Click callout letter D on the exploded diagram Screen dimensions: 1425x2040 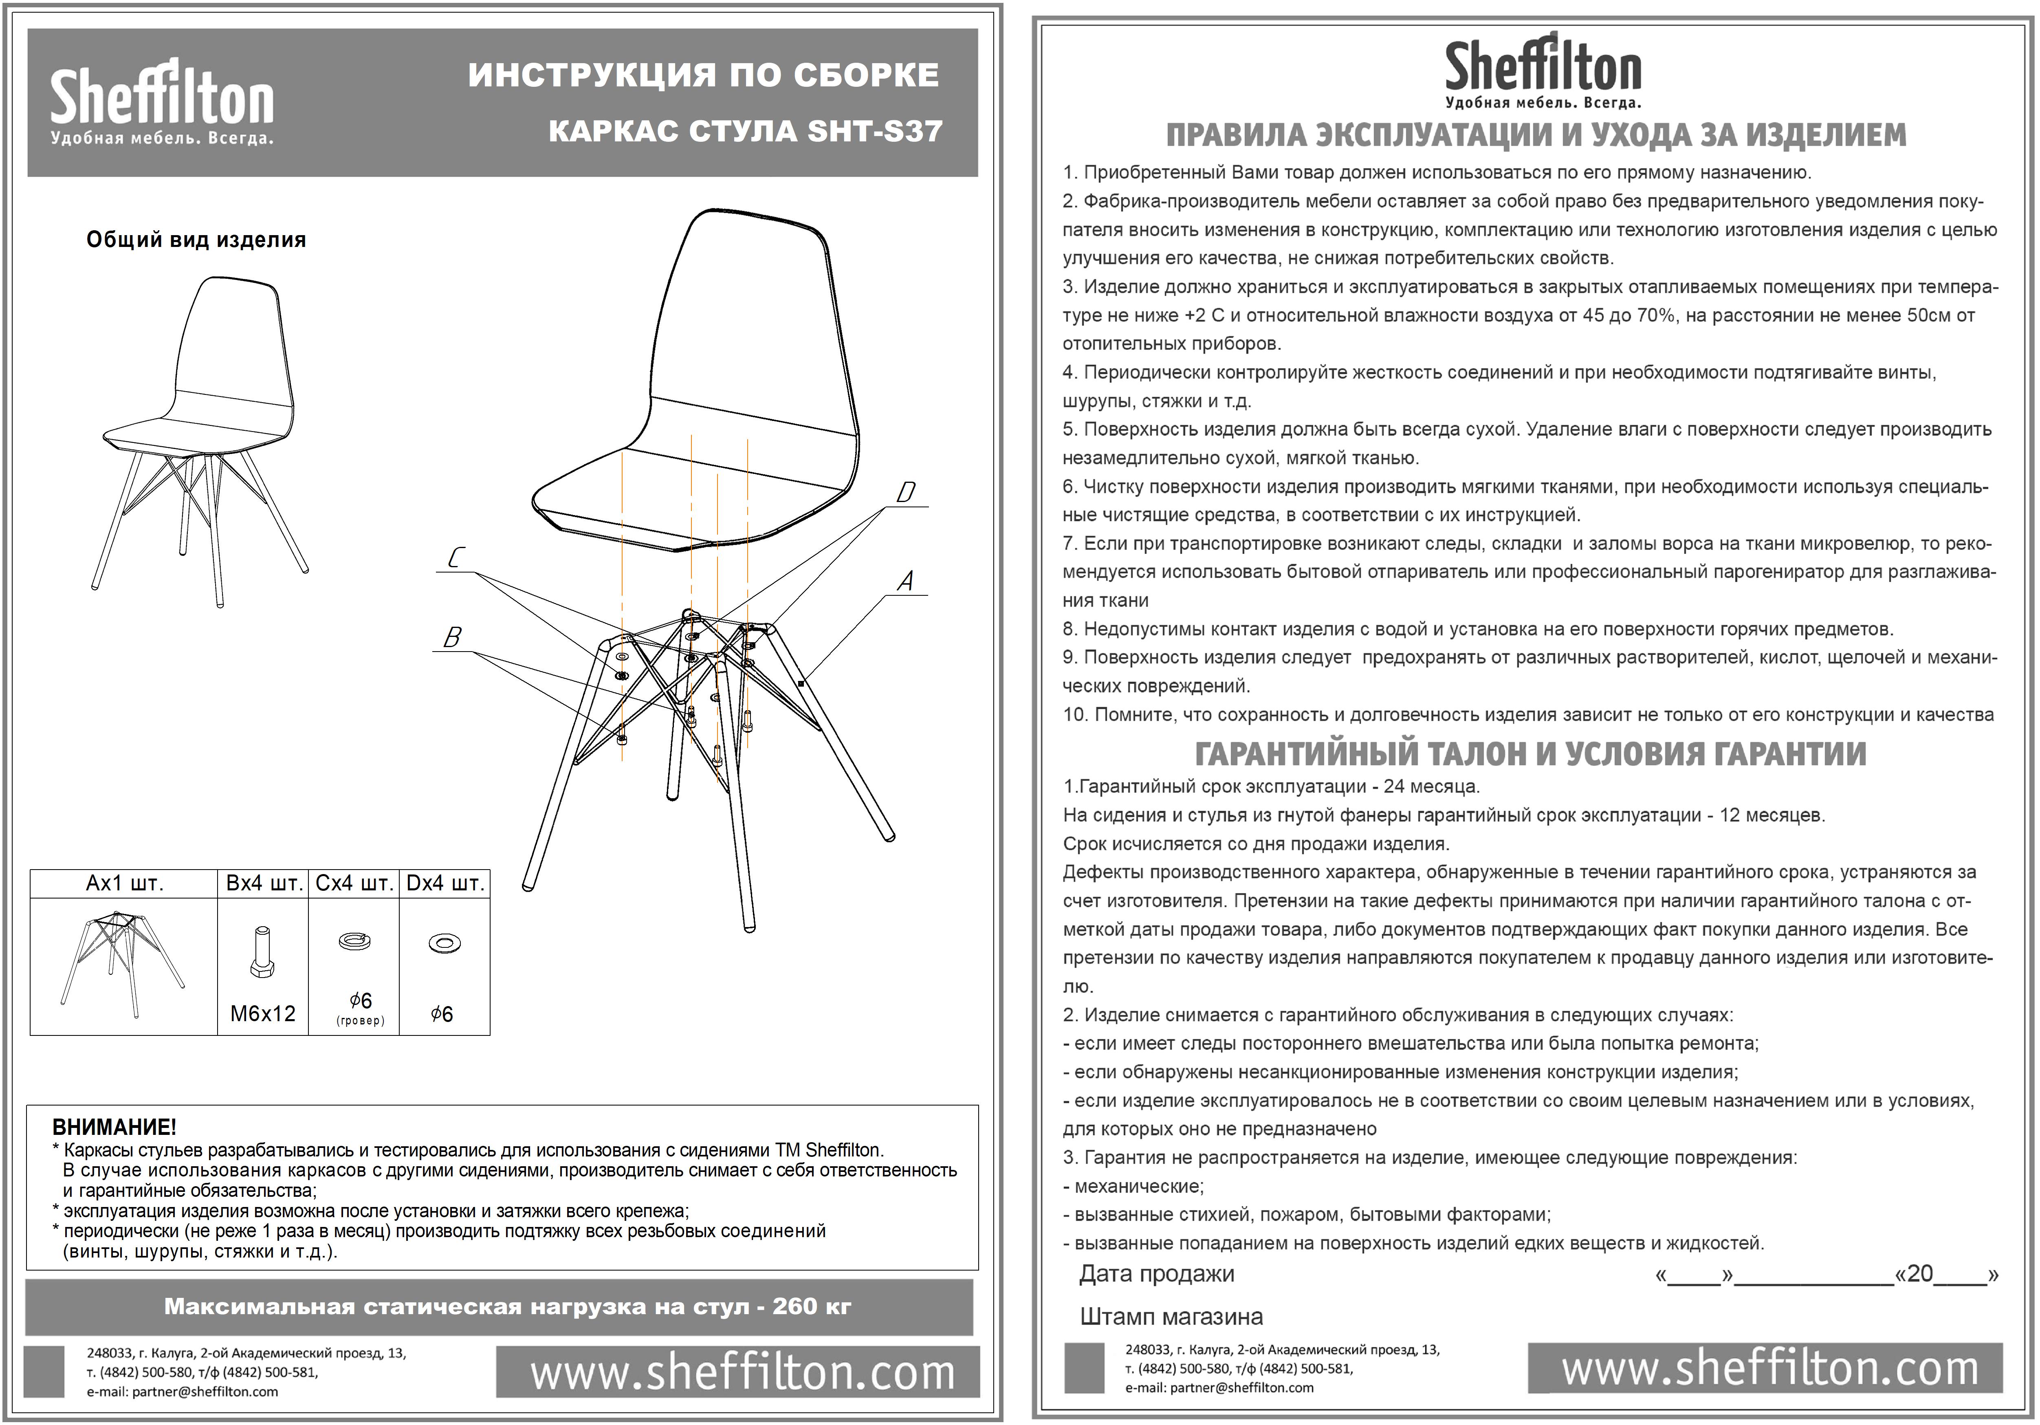point(905,492)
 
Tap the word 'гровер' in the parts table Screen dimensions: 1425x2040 point(360,1021)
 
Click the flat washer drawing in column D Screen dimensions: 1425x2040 point(444,943)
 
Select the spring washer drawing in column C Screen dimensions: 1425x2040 point(354,941)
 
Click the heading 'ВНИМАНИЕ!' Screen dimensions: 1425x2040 point(114,1128)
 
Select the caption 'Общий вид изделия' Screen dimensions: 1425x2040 point(196,240)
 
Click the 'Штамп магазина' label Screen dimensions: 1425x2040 point(1171,1317)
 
